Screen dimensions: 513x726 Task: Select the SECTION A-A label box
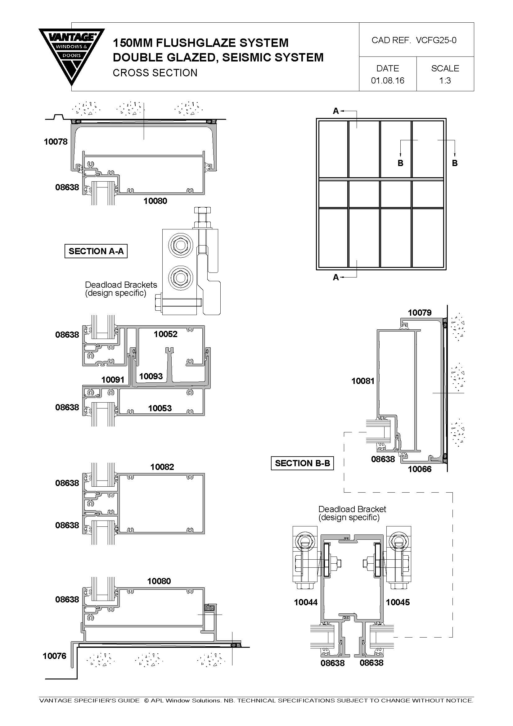coord(96,251)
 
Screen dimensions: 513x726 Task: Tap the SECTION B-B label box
coord(302,463)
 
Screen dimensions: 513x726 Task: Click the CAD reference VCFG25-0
coord(436,40)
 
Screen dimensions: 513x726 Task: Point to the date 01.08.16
coord(388,80)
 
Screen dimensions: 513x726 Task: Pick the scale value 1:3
coord(445,80)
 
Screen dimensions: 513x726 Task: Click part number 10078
coord(56,142)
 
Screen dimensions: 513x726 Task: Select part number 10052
coord(166,334)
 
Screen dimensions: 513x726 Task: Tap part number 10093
coord(151,376)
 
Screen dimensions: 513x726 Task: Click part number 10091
coord(113,379)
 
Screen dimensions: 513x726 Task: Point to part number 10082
coord(162,467)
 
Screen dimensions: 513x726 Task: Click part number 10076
coord(55,656)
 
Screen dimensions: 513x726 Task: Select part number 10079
coord(420,313)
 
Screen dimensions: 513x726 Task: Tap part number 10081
coord(363,381)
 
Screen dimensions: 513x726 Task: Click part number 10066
coord(420,469)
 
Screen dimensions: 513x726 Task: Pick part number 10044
coord(306,602)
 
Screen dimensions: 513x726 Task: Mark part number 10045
coord(398,602)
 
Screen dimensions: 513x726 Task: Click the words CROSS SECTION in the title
coord(155,73)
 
